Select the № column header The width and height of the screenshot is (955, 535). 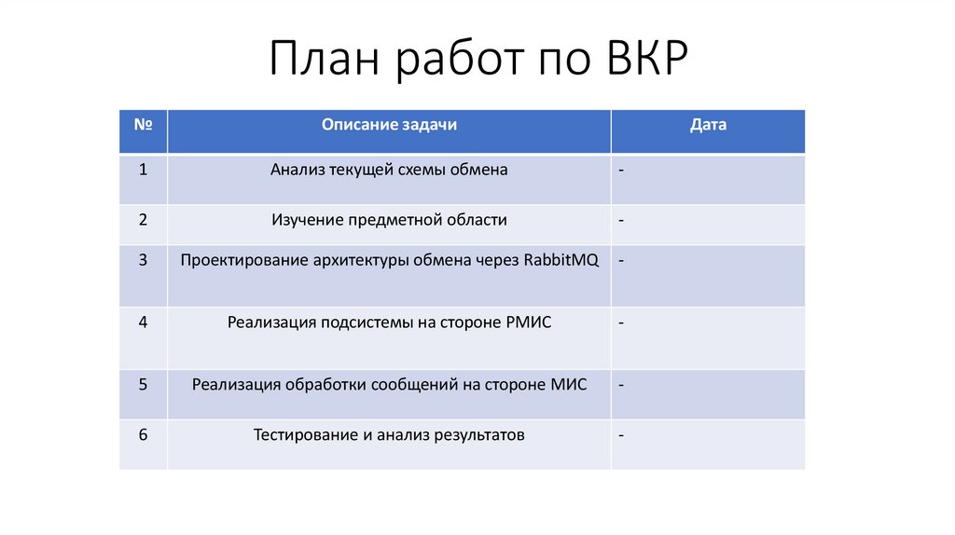pyautogui.click(x=144, y=124)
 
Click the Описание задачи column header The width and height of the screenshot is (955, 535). pyautogui.click(x=389, y=124)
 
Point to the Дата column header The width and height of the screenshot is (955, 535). pyautogui.click(x=708, y=124)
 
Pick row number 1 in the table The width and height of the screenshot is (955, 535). pyautogui.click(x=143, y=170)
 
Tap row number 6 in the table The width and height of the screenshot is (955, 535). pyautogui.click(x=143, y=434)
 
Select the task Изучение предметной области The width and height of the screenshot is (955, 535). pyautogui.click(x=389, y=220)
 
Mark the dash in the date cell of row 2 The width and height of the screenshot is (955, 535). pyautogui.click(x=620, y=221)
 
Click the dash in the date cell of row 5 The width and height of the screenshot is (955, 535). pyautogui.click(x=620, y=384)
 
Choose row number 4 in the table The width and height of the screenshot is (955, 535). pyautogui.click(x=143, y=322)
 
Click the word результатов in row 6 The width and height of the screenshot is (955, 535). pyautogui.click(x=475, y=434)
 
